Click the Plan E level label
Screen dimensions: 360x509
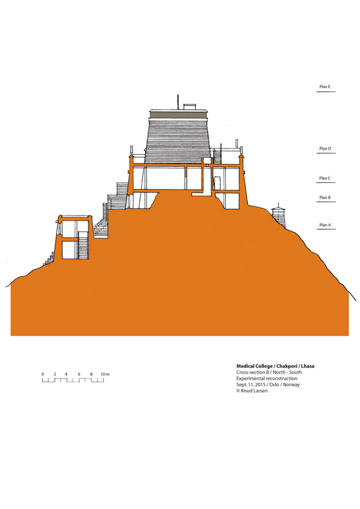(x=324, y=87)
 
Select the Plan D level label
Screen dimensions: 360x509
(x=325, y=148)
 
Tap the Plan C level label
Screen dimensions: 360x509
(x=324, y=178)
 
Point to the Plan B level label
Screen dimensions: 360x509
(x=324, y=197)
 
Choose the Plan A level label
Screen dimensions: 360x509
(x=325, y=225)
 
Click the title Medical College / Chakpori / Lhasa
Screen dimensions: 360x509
(x=275, y=366)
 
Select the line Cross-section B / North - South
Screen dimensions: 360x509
(x=269, y=372)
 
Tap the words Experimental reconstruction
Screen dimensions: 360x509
(x=267, y=378)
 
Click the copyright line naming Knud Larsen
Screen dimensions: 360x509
(x=252, y=391)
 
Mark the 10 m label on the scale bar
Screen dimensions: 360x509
(x=105, y=374)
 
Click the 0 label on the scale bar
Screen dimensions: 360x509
(x=42, y=374)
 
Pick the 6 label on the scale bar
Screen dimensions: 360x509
(x=79, y=374)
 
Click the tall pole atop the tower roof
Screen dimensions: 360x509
(x=178, y=102)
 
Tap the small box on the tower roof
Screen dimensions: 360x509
(x=190, y=107)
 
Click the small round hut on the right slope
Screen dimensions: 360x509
(x=278, y=215)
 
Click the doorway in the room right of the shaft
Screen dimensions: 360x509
(x=217, y=183)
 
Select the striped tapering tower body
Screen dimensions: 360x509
(x=178, y=140)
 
